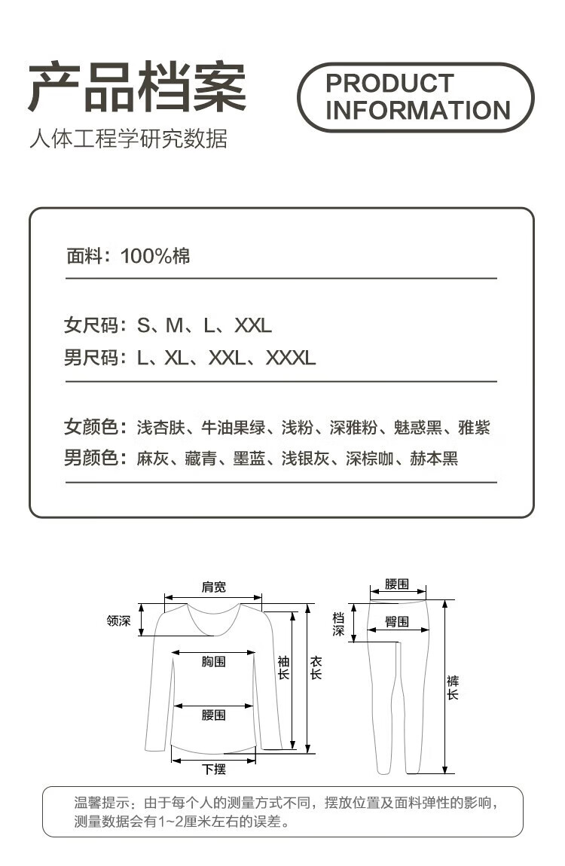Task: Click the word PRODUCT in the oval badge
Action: (x=389, y=83)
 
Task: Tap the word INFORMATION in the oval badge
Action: (x=418, y=111)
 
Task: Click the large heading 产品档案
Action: (x=138, y=89)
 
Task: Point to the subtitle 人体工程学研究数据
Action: (x=128, y=139)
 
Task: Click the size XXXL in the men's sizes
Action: (x=290, y=358)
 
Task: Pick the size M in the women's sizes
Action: (x=174, y=326)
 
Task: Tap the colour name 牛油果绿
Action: (x=233, y=428)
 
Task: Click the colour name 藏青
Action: (x=200, y=458)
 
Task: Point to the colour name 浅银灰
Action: (x=305, y=458)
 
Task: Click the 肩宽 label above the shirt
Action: (x=213, y=587)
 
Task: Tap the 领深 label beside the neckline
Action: (x=119, y=621)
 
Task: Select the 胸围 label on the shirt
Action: (x=213, y=662)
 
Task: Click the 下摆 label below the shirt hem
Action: (x=213, y=770)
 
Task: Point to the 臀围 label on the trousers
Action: (x=397, y=622)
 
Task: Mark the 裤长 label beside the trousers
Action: (x=452, y=688)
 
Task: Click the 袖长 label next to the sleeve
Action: (x=283, y=668)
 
